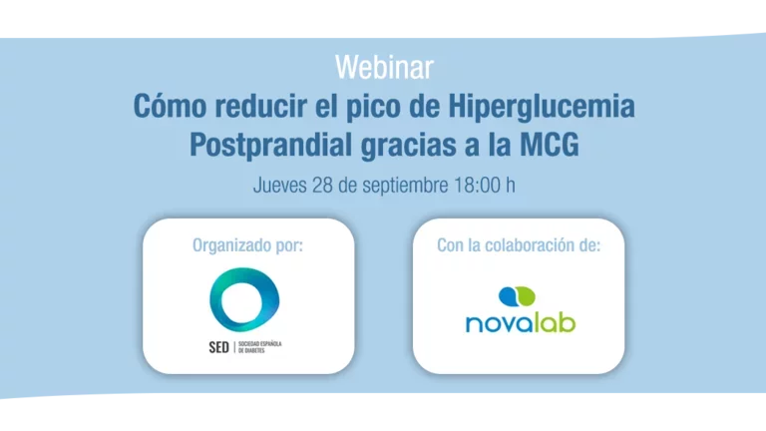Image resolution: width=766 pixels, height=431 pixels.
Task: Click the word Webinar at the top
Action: point(383,68)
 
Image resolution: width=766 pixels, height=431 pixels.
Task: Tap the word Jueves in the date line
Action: point(282,186)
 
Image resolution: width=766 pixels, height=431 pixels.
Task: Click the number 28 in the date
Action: point(327,186)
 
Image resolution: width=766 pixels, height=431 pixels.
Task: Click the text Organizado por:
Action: point(248,244)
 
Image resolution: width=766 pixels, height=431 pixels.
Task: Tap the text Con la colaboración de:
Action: point(519,244)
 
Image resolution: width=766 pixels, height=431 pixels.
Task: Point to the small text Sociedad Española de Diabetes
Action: point(260,347)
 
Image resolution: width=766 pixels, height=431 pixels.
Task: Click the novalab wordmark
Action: point(520,323)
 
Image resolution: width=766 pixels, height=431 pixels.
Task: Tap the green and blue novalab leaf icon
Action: point(517,296)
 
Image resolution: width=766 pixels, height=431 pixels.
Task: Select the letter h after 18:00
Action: point(510,186)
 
